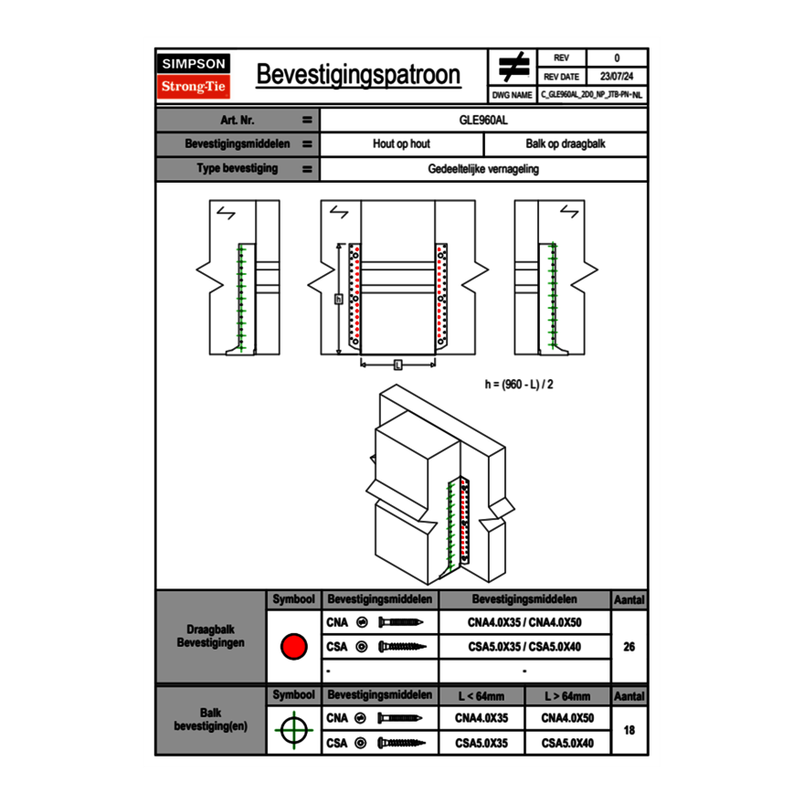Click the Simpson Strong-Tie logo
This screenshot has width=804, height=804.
click(x=195, y=76)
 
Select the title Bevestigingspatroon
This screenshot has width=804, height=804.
click(x=358, y=75)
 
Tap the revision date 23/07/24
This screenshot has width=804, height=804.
click(x=617, y=77)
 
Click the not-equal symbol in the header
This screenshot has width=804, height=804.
click(x=513, y=68)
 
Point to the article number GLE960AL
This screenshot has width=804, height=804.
click(x=483, y=120)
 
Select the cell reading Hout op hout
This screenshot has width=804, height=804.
click(x=401, y=144)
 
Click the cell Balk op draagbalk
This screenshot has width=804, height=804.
click(x=566, y=144)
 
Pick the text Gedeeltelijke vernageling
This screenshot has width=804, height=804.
click(x=483, y=169)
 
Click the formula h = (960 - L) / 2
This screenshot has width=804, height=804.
click(x=519, y=385)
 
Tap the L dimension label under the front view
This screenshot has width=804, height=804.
click(x=397, y=365)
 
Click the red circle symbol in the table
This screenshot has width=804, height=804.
click(x=292, y=647)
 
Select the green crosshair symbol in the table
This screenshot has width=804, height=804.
click(x=292, y=730)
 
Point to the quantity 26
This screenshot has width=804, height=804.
click(x=629, y=647)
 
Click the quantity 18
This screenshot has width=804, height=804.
click(x=629, y=731)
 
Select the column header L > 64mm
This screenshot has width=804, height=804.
click(x=567, y=696)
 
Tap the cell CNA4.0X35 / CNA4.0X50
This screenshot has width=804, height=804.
click(x=524, y=622)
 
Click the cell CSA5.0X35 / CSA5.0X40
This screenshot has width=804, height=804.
click(x=524, y=647)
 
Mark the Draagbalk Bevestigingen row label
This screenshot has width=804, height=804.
click(x=210, y=637)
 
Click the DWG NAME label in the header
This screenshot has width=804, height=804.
click(x=512, y=94)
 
